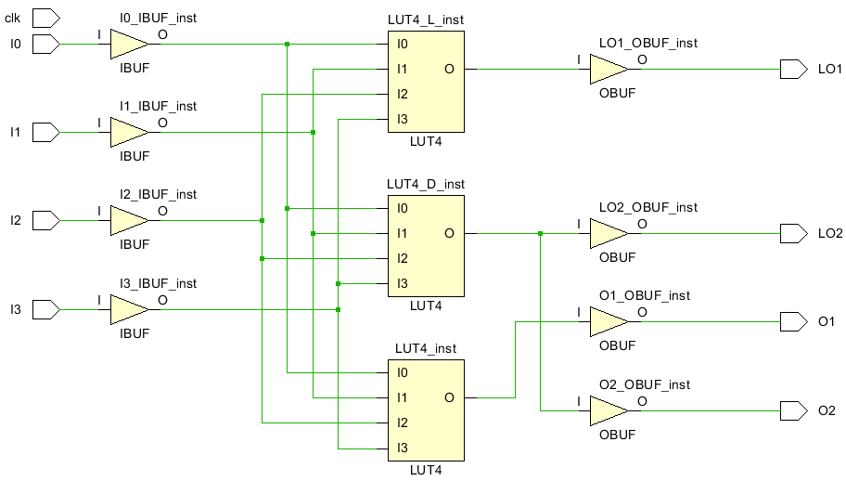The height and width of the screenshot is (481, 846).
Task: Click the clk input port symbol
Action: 46,18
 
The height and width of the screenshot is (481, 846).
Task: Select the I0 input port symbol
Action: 46,43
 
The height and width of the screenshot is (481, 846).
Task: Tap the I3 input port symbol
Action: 46,308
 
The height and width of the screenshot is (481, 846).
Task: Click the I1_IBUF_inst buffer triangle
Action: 128,132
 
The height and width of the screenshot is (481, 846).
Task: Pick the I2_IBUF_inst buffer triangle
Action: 128,220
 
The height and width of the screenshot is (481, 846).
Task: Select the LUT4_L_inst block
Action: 426,81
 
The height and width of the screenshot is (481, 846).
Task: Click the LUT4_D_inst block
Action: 426,245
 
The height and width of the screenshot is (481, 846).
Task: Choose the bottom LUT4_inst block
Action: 426,409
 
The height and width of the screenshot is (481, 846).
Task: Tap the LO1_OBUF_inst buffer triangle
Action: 609,69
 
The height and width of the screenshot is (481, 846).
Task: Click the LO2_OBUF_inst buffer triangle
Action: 609,233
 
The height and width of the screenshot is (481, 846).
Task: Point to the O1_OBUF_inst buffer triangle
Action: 609,321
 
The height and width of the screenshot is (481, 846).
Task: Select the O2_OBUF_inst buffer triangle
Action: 609,410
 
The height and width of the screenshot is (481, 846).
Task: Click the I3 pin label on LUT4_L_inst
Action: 403,119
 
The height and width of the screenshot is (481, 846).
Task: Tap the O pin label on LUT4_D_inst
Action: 449,233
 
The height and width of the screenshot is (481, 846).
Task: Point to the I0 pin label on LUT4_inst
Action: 403,372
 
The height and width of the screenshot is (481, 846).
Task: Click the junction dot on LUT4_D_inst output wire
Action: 540,233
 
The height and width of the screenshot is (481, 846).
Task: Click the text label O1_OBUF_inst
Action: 645,295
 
